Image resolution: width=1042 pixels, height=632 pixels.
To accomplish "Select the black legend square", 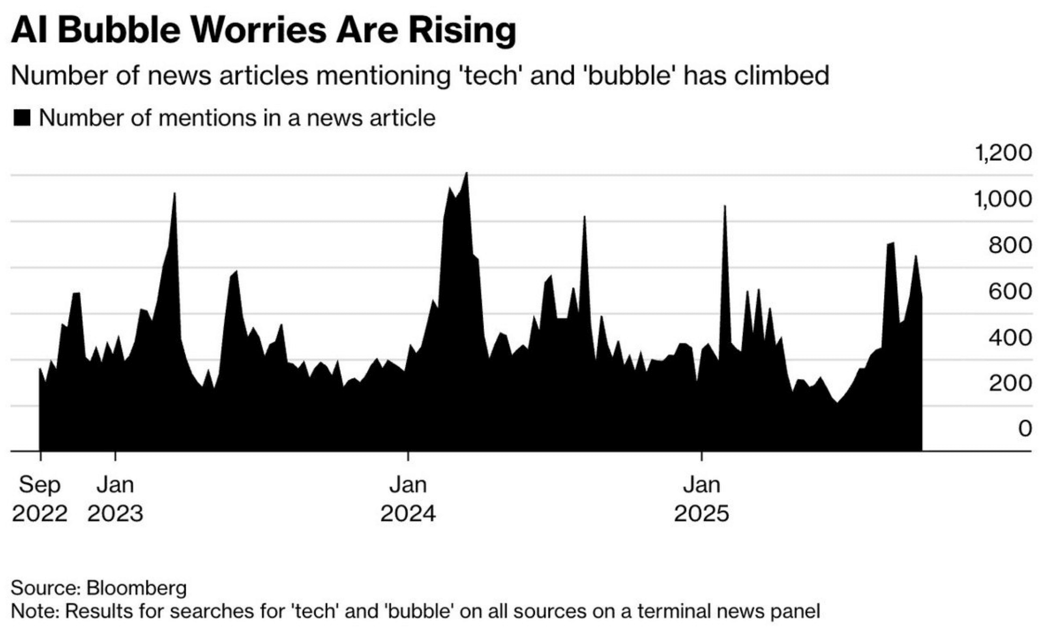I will (21, 118).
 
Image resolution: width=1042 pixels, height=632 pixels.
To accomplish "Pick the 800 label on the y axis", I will (1010, 245).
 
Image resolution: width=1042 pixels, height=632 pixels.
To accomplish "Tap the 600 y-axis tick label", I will (1010, 292).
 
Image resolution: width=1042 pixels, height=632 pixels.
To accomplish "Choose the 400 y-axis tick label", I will (1010, 337).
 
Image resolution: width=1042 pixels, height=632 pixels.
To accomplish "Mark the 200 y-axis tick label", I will (1010, 384).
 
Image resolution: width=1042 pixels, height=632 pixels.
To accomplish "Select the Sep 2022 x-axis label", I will (40, 499).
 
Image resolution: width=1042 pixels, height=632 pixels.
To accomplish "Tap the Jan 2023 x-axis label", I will (115, 499).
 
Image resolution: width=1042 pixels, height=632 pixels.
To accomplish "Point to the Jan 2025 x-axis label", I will (701, 499).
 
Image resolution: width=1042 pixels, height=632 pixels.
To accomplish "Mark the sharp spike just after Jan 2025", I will (725, 207).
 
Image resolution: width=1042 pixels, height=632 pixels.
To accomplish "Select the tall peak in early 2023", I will (174, 194).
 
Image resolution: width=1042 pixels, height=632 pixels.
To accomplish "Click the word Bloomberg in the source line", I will (137, 588).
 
